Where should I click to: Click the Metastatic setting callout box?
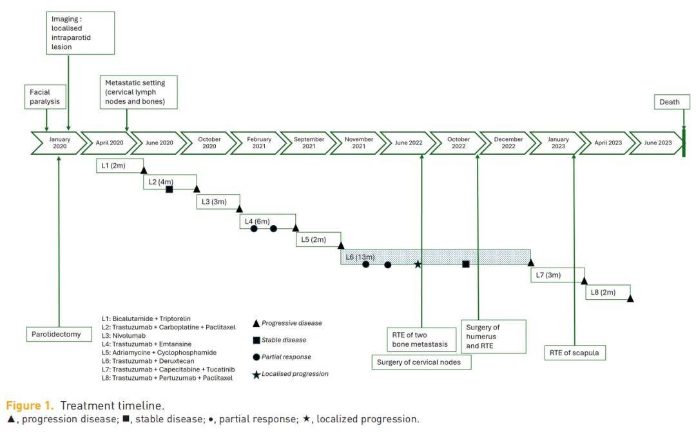pos(139,92)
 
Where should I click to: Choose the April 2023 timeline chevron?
pos(608,142)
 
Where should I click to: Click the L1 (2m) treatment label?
pos(113,166)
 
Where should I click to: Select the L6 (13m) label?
pos(360,257)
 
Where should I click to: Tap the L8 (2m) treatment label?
pos(603,292)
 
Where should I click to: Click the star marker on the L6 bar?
pos(418,264)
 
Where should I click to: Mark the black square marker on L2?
pos(169,189)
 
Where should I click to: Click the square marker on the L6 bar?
pos(466,264)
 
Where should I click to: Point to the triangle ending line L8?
pos(630,299)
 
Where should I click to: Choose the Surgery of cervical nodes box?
pos(422,362)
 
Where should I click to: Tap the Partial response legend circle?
pos(256,357)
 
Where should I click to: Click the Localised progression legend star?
pos(256,374)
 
